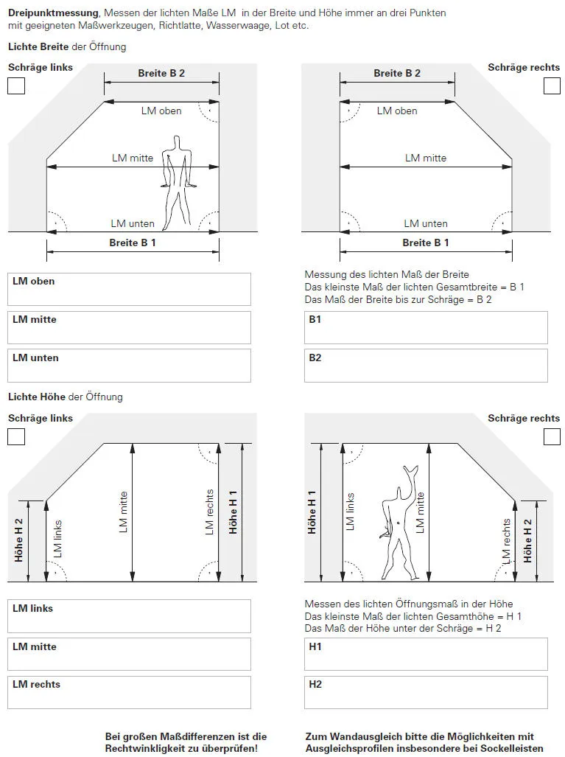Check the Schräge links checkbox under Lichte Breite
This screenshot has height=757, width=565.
pos(16,86)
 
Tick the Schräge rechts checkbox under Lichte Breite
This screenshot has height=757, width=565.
pos(552,86)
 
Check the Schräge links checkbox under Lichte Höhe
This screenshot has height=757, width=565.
pos(16,436)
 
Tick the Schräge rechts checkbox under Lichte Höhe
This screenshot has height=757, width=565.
pos(552,436)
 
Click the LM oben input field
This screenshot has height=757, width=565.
pos(129,289)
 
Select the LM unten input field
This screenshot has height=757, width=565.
pos(129,366)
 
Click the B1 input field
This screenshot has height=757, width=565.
pos(426,327)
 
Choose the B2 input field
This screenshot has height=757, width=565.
pos(426,366)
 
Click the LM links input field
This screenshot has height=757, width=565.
pos(129,616)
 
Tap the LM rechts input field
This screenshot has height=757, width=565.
pos(129,692)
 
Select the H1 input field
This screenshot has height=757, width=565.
pos(426,655)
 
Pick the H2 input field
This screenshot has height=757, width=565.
pos(426,692)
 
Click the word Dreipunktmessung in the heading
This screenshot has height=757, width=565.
pos(53,13)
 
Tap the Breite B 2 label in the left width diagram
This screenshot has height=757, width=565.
pos(161,73)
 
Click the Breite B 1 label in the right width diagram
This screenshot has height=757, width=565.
pos(425,243)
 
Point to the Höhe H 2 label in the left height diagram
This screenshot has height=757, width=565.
pos(20,541)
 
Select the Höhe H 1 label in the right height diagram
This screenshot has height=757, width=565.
pos(312,512)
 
